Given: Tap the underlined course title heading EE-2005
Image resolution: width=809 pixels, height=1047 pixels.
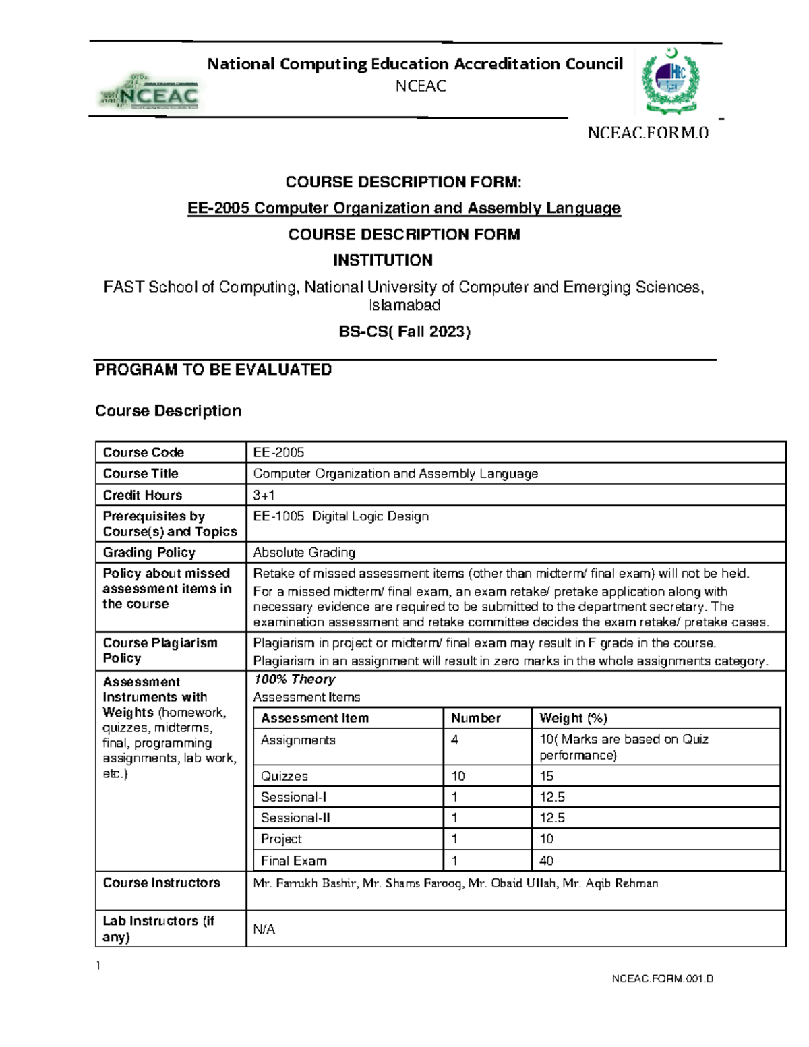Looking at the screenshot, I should [x=404, y=208].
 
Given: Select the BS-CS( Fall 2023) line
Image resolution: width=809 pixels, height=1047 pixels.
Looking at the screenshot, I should [x=404, y=332].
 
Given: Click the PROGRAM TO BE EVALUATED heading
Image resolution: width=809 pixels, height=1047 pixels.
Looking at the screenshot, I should [x=213, y=369].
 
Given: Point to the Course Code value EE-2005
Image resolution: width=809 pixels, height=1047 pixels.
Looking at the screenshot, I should [x=278, y=452].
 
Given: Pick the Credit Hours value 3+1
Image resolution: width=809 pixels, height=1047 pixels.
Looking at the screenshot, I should [x=264, y=495].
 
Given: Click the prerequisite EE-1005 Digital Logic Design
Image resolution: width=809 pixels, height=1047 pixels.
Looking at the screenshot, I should [x=340, y=516].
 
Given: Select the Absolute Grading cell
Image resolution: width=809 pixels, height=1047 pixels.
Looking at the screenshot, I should [x=304, y=552].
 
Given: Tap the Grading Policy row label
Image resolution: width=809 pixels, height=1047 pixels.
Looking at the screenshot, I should [x=149, y=552].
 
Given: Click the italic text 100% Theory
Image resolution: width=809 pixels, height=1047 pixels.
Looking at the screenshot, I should [x=295, y=679].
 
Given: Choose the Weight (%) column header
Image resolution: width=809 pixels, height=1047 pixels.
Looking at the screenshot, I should [x=573, y=718].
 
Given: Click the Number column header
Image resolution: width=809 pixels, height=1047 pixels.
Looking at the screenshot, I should [x=475, y=718].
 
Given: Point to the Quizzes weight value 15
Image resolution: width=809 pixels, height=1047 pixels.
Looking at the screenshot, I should [x=546, y=776].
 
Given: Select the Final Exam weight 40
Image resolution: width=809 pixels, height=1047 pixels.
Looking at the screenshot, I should [x=546, y=860].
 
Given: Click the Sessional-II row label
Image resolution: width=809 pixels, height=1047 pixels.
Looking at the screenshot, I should [x=295, y=818].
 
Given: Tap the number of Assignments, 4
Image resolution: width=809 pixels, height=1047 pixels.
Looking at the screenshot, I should [x=455, y=740].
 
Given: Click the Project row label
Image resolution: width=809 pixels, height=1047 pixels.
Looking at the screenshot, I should [x=281, y=839].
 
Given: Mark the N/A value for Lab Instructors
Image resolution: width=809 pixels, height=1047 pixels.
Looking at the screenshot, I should [x=264, y=929].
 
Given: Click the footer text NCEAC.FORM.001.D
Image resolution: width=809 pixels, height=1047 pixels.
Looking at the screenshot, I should [x=662, y=978].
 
